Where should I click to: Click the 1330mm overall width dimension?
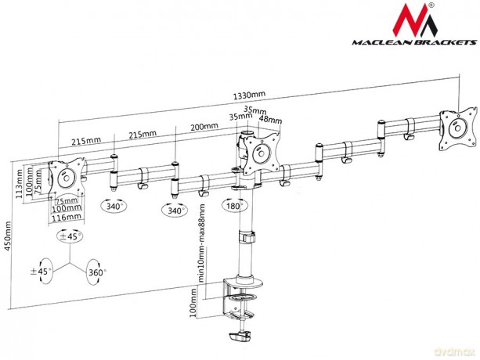[x=249, y=95]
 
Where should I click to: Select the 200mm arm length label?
[x=204, y=127]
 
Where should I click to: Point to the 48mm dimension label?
[x=270, y=119]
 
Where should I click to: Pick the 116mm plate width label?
[x=67, y=218]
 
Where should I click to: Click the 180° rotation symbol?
[x=235, y=206]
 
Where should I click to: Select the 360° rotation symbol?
[x=95, y=272]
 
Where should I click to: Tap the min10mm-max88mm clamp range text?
[x=202, y=243]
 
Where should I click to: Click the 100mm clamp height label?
[x=193, y=302]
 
